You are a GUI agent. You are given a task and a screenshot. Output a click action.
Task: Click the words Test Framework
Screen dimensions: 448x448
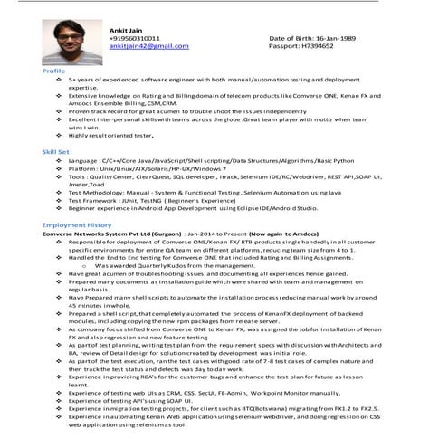tap(95, 200)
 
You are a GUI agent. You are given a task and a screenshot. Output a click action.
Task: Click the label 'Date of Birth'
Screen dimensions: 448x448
tap(286, 38)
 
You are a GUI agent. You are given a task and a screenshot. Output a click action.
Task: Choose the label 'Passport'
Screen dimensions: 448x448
tap(283, 46)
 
